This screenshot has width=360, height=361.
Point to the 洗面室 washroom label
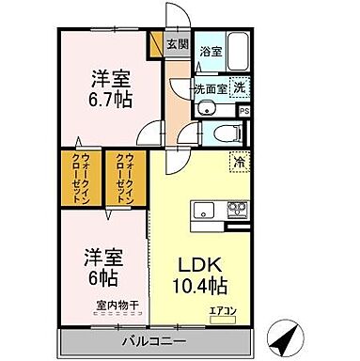click(x=210, y=89)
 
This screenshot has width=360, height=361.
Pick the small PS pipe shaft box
click(x=244, y=110)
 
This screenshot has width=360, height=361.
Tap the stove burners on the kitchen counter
click(x=236, y=209)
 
